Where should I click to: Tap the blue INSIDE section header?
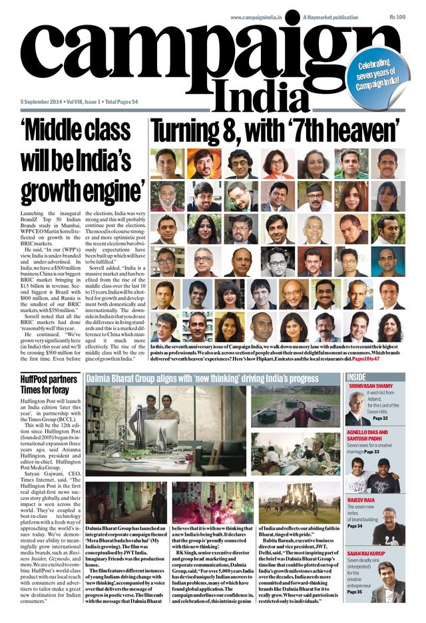[x=356, y=377]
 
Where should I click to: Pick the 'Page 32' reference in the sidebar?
[x=380, y=418]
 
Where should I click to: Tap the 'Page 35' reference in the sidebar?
[x=355, y=591]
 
